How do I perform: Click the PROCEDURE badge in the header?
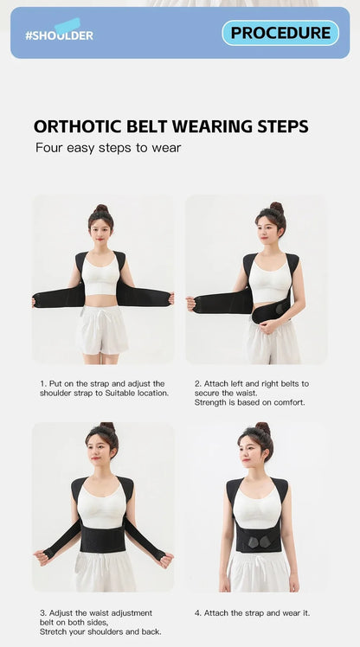click(x=280, y=33)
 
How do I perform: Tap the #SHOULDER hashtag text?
click(x=59, y=35)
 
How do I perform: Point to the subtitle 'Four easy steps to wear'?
click(x=108, y=148)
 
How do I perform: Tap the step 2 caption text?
click(x=251, y=392)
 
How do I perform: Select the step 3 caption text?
click(x=100, y=622)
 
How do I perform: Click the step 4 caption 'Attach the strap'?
click(x=252, y=612)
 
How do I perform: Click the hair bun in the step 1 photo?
click(x=102, y=208)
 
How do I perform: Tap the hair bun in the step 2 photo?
click(x=276, y=208)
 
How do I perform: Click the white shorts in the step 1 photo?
click(x=102, y=329)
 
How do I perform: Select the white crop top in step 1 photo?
click(x=102, y=275)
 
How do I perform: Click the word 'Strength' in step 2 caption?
click(x=212, y=402)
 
